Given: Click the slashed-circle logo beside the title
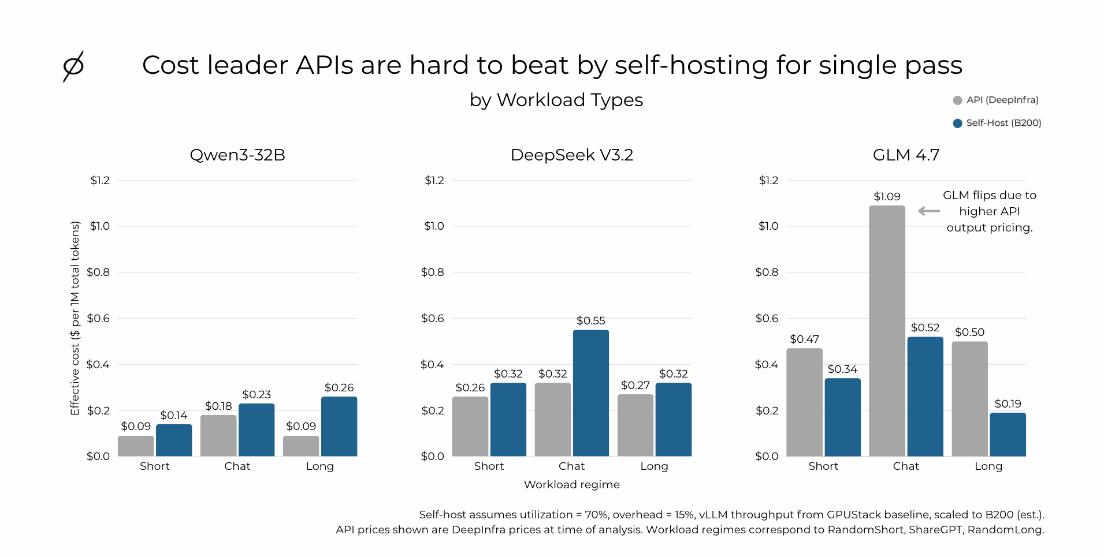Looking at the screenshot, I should (x=73, y=66).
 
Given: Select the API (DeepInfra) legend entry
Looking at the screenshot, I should (x=996, y=100).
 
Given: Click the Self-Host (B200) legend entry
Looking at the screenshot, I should (x=997, y=123).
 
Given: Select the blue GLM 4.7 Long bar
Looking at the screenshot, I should (x=1008, y=434).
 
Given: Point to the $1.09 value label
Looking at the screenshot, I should (x=887, y=196).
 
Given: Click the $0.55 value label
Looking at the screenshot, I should (x=590, y=320).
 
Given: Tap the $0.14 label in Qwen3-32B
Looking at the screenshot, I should (x=174, y=415).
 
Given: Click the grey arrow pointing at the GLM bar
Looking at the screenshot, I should (x=929, y=211).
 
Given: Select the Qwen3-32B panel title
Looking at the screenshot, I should (x=237, y=155).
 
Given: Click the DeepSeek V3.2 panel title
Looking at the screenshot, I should (x=572, y=155).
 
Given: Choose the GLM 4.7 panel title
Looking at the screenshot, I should (x=906, y=155).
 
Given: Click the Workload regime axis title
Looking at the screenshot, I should (x=572, y=484).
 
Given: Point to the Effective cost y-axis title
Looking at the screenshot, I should (x=75, y=318).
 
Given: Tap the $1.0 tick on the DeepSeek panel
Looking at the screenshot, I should (x=434, y=226).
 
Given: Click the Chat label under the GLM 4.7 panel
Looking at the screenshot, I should (x=906, y=466).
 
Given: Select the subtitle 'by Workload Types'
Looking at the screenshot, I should (x=556, y=100).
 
